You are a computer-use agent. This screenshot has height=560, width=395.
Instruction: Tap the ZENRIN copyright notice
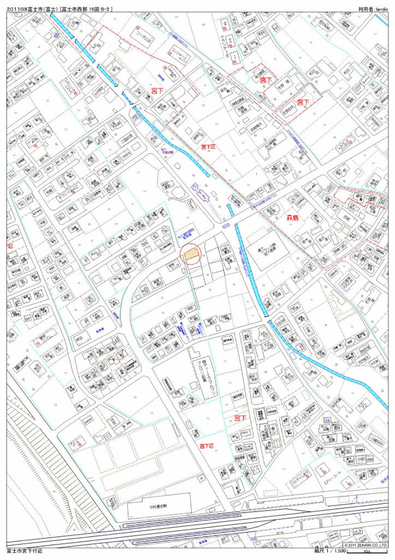tap(365, 545)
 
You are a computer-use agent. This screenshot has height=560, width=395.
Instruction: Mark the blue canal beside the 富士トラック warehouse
tap(250, 269)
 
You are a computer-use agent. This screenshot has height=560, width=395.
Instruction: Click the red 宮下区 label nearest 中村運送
tap(207, 446)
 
